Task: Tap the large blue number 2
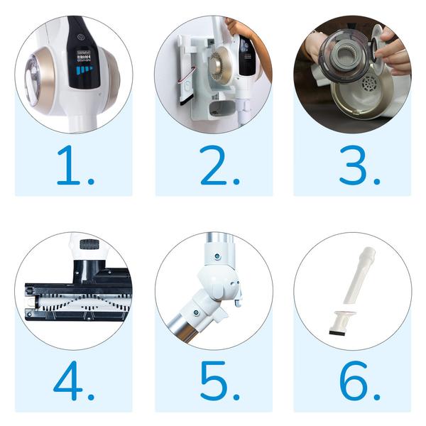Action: [213, 167]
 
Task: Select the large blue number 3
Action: [353, 167]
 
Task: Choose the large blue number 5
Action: [213, 383]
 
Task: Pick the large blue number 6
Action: [353, 383]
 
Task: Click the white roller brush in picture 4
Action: [71, 298]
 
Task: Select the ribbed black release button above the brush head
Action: [89, 244]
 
